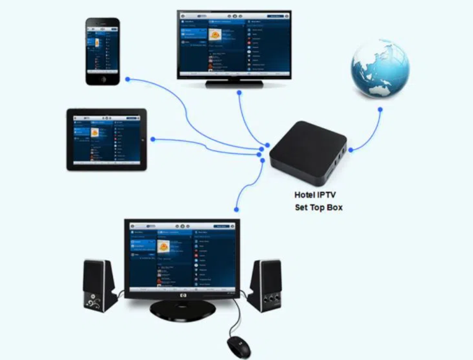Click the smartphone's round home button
click(x=103, y=79)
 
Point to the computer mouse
click(x=239, y=345)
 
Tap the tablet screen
click(x=106, y=139)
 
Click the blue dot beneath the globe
click(x=380, y=110)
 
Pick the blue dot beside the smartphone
click(x=128, y=79)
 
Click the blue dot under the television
click(x=239, y=93)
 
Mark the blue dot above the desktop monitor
click(x=236, y=209)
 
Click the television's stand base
click(x=233, y=84)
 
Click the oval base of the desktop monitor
click(x=182, y=309)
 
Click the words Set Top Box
click(x=318, y=208)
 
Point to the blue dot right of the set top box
click(x=350, y=150)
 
